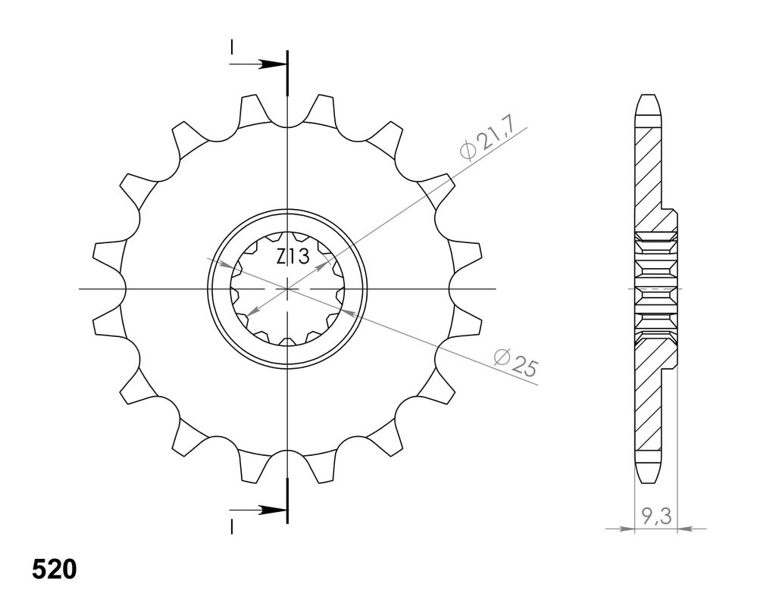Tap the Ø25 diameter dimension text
click(x=515, y=363)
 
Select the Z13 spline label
click(x=293, y=257)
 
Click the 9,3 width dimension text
click(x=656, y=517)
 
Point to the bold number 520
click(x=55, y=570)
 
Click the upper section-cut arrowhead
click(x=273, y=64)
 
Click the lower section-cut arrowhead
click(x=273, y=510)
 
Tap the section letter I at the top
click(x=231, y=48)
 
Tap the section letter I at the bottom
click(x=231, y=527)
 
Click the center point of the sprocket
click(x=287, y=288)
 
